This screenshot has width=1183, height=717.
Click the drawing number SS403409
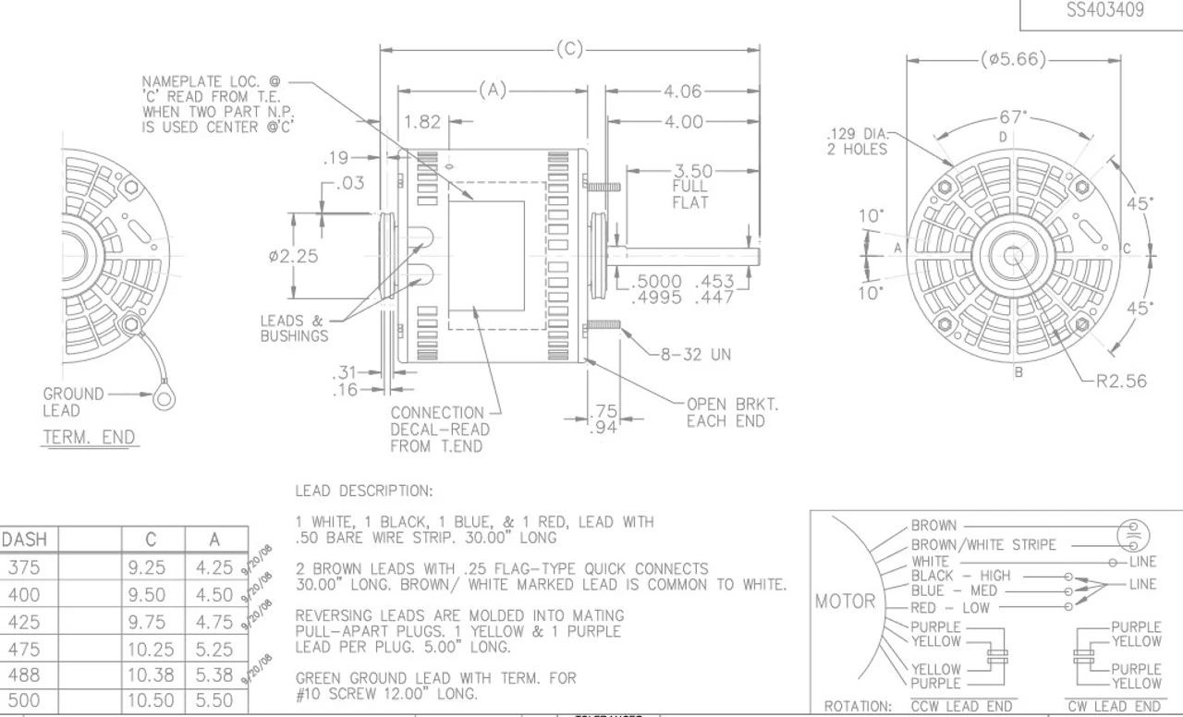pyautogui.click(x=1104, y=11)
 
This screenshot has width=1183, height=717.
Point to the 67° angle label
pyautogui.click(x=1013, y=117)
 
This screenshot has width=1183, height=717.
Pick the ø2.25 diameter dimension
pyautogui.click(x=293, y=256)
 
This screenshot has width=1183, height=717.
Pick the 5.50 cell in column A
pyautogui.click(x=215, y=700)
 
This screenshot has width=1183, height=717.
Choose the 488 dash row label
pyautogui.click(x=24, y=674)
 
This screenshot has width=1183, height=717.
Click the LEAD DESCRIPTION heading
pyautogui.click(x=363, y=491)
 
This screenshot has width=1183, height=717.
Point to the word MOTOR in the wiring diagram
pyautogui.click(x=845, y=602)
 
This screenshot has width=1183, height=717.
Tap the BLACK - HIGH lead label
pyautogui.click(x=961, y=576)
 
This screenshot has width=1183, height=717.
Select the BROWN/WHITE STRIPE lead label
pyautogui.click(x=982, y=545)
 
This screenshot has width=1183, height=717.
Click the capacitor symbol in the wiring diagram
pyautogui.click(x=1132, y=535)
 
